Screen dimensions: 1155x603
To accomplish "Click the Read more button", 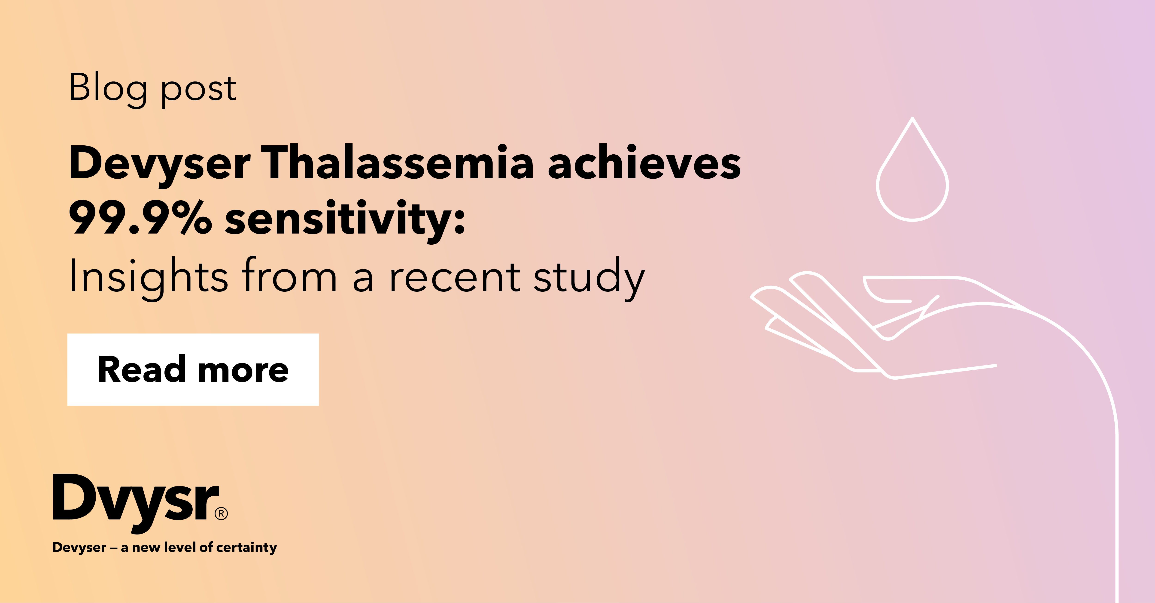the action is pos(193,370).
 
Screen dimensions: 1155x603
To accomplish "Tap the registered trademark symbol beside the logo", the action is pos(221,513).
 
